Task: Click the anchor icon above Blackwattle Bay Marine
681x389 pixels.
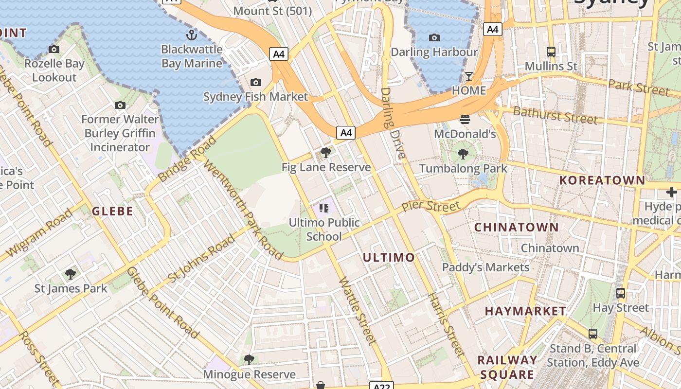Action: (192, 35)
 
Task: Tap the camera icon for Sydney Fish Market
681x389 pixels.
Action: (256, 82)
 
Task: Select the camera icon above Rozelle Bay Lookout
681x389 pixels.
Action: (54, 49)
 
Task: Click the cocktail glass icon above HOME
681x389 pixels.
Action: (469, 76)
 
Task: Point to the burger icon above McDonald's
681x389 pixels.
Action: (465, 119)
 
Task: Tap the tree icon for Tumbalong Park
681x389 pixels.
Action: (463, 154)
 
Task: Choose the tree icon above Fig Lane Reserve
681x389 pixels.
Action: (326, 153)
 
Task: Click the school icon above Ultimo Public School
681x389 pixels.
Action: (324, 209)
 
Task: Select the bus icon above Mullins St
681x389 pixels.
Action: (551, 52)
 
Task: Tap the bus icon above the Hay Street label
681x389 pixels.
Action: (621, 293)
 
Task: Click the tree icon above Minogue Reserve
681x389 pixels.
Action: (249, 360)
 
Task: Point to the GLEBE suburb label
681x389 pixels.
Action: (112, 211)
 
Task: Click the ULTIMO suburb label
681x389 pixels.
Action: (389, 257)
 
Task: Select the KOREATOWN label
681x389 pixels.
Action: (602, 180)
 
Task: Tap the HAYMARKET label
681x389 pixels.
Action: (525, 311)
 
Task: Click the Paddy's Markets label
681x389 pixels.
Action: (485, 267)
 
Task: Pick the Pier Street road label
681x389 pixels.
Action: (430, 207)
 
